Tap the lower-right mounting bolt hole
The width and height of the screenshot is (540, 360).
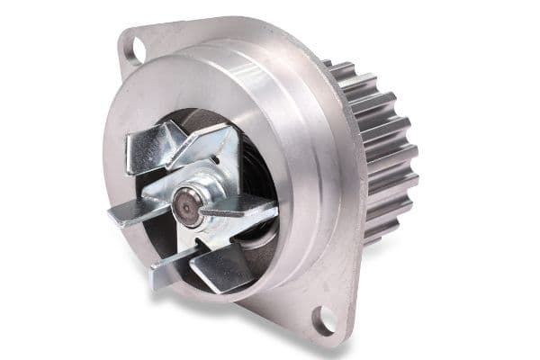327,319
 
